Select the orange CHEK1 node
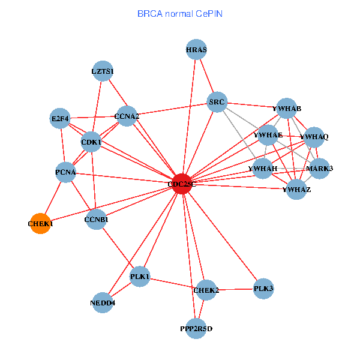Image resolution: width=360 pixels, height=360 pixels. (x=40, y=223)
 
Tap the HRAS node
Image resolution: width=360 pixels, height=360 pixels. (x=196, y=50)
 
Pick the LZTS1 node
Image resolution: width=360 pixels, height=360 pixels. (x=103, y=71)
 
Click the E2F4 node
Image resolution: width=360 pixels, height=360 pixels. (x=61, y=119)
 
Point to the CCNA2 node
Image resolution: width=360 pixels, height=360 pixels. (x=127, y=116)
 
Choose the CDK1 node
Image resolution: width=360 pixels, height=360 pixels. (x=91, y=142)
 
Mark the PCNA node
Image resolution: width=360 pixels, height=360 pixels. (x=65, y=173)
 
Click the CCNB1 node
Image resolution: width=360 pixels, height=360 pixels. (x=97, y=220)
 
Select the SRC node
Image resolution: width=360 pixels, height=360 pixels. (x=217, y=103)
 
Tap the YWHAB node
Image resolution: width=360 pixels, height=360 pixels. (x=286, y=109)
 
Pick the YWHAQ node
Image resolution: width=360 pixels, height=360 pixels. (x=314, y=137)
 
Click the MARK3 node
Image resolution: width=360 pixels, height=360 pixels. (x=319, y=168)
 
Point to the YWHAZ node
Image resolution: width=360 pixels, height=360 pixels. (x=296, y=190)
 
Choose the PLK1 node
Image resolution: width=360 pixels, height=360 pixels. (x=140, y=276)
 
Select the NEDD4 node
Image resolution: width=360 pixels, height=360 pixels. (x=103, y=303)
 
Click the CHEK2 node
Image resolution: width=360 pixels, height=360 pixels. (x=206, y=290)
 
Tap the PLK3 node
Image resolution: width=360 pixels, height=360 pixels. (x=263, y=289)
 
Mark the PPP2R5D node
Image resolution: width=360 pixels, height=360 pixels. (x=196, y=328)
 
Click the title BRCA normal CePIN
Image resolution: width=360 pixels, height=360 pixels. (x=180, y=13)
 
